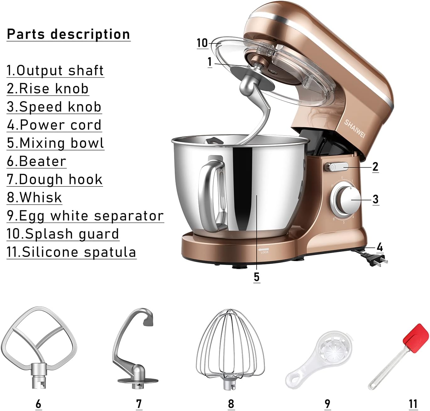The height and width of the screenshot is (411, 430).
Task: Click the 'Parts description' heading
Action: click(x=68, y=34)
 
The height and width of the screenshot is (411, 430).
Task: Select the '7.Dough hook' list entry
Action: click(x=55, y=180)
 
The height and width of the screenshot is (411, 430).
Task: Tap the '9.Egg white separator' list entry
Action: click(x=85, y=216)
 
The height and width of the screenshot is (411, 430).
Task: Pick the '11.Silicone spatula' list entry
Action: click(x=71, y=252)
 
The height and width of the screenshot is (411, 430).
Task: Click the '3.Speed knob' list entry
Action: click(x=54, y=107)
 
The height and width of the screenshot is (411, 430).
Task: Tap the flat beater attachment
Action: click(x=39, y=344)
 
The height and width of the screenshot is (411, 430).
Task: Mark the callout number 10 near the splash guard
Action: click(x=202, y=43)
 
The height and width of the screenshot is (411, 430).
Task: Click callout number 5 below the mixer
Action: click(x=257, y=277)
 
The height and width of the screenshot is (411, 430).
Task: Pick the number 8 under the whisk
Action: click(x=231, y=403)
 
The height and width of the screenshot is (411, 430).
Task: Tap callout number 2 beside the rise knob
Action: click(x=375, y=167)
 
